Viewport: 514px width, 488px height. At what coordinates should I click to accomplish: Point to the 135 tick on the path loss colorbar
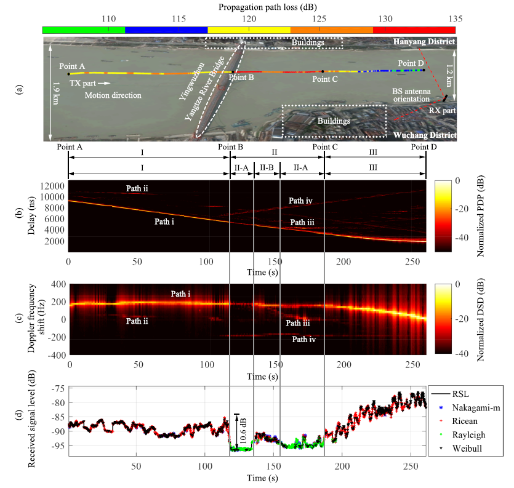(x=455, y=20)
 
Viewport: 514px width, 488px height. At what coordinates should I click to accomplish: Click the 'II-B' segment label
(x=267, y=167)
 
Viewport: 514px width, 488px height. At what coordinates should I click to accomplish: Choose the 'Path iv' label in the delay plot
(x=300, y=201)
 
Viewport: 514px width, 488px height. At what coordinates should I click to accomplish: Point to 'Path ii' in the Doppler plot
(x=137, y=321)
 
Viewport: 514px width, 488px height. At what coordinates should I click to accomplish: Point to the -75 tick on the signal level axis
(x=58, y=389)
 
